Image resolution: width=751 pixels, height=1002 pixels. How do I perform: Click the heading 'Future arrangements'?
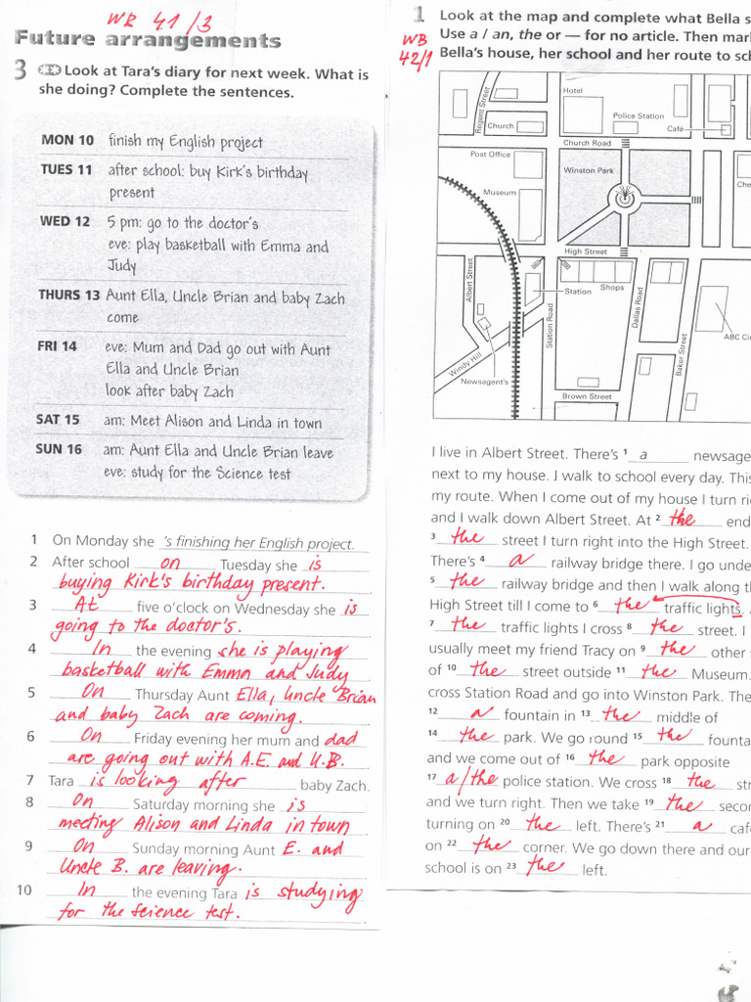(148, 40)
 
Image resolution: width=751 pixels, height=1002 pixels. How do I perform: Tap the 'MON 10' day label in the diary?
(67, 140)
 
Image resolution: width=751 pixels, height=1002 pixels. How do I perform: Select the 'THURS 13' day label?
(69, 295)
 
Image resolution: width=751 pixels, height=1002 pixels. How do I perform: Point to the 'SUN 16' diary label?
(59, 449)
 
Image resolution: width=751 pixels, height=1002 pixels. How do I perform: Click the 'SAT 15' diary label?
(58, 419)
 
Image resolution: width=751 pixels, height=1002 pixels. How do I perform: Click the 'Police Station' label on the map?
(638, 115)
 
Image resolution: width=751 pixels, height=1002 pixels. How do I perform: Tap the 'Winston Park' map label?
(589, 170)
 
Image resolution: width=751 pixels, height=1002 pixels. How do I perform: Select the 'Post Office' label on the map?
(490, 155)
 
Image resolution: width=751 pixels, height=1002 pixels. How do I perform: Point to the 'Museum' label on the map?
(500, 193)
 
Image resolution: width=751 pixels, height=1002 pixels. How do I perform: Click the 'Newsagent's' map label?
(484, 382)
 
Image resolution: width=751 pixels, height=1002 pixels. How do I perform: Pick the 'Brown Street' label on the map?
(587, 396)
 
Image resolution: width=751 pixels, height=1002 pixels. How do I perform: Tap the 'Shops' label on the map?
(612, 288)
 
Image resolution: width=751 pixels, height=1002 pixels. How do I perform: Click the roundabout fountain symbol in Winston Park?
(623, 200)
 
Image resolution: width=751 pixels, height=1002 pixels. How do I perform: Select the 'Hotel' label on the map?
(573, 90)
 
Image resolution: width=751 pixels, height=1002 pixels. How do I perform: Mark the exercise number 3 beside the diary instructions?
(21, 70)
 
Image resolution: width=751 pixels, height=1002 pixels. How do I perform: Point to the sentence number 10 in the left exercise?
(24, 889)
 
